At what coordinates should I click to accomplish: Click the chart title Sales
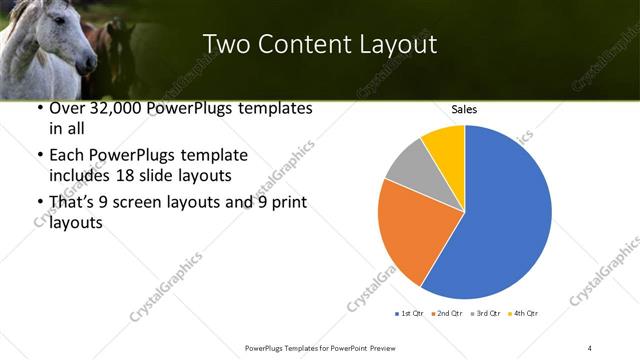(464, 108)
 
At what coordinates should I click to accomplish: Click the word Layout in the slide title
(398, 44)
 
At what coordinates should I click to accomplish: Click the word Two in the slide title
(223, 44)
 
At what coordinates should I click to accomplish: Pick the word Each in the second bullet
(68, 156)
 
